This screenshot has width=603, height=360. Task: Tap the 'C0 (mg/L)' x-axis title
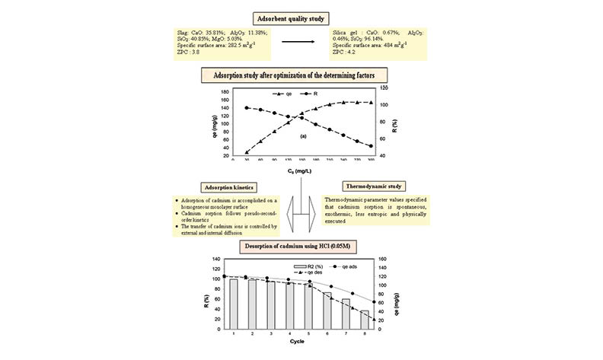click(x=302, y=174)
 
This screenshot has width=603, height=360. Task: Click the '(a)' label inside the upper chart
click(x=301, y=135)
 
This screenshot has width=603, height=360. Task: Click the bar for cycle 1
click(x=233, y=303)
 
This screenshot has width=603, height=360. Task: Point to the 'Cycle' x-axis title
click(x=298, y=342)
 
